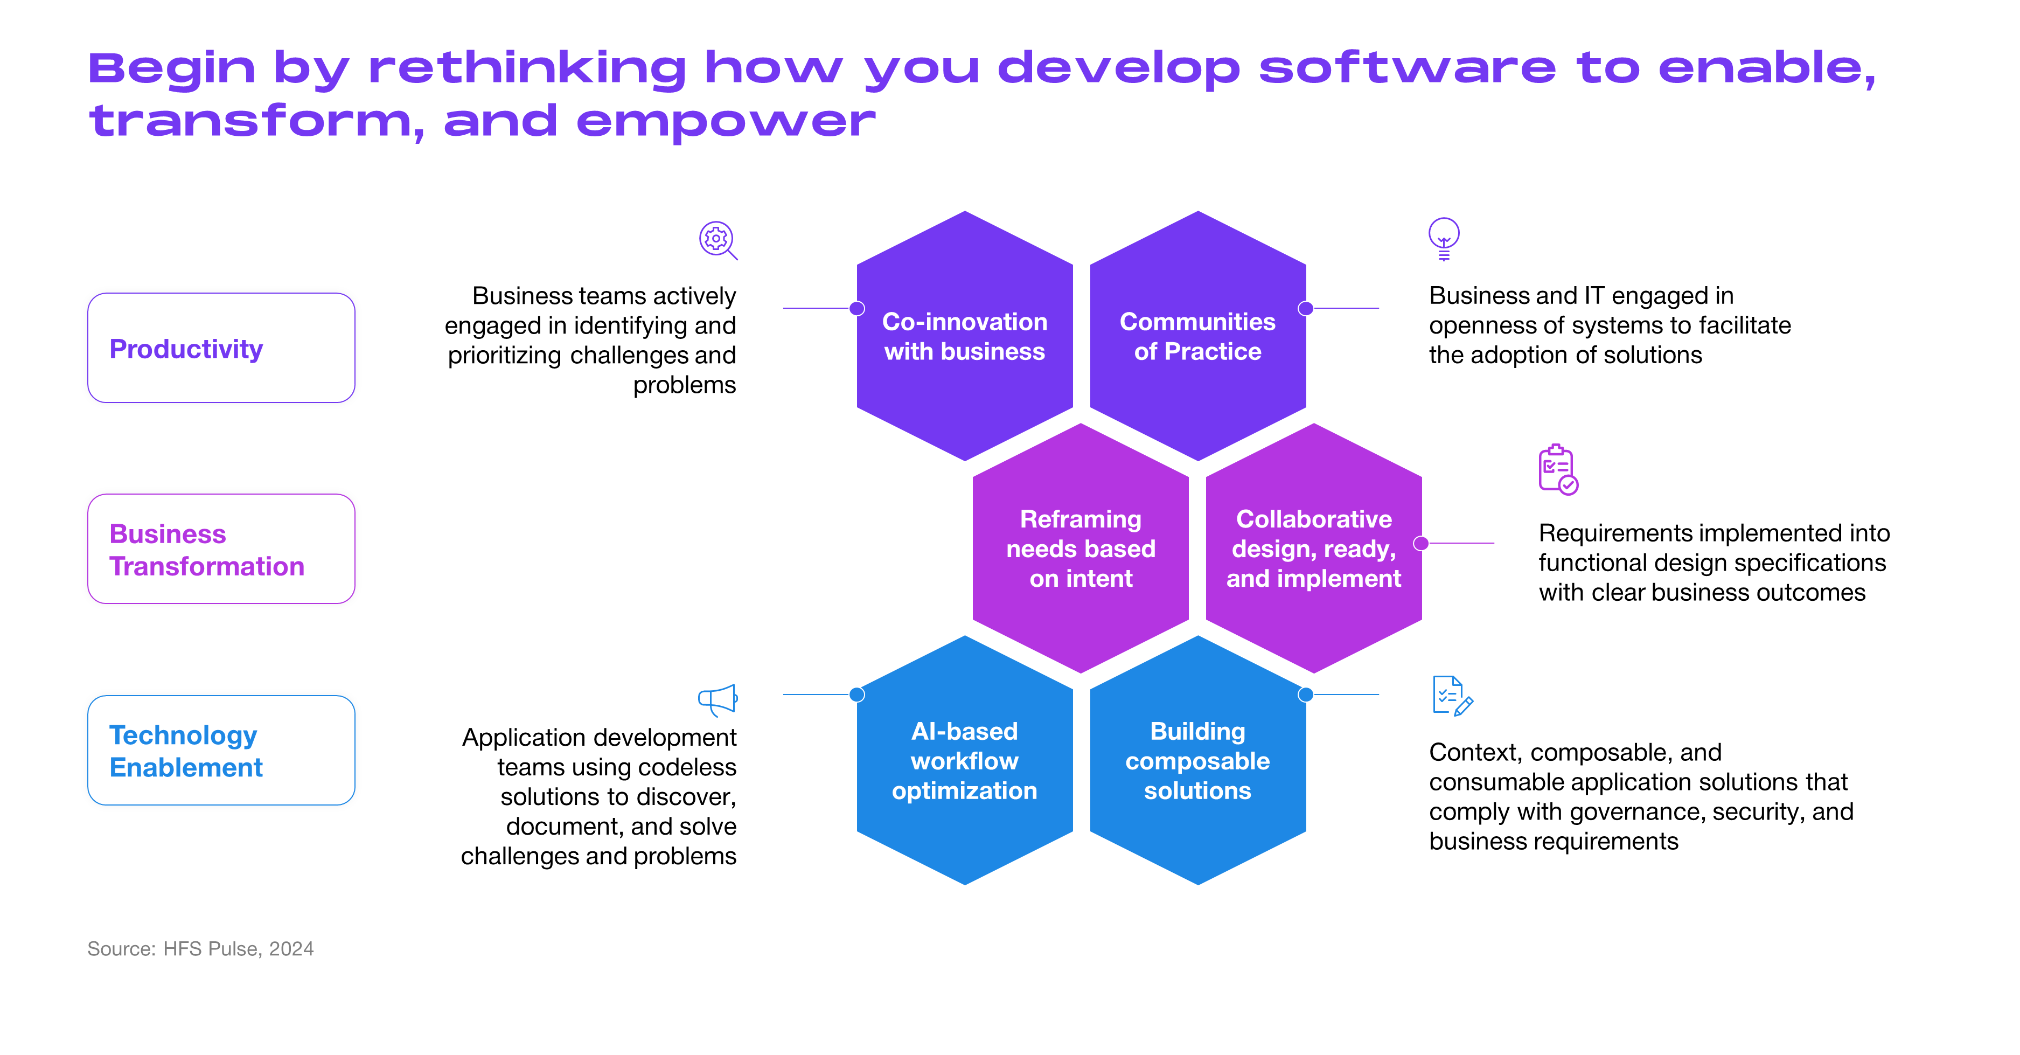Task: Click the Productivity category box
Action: [221, 348]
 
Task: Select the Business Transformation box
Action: [221, 549]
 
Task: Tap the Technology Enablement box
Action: [221, 750]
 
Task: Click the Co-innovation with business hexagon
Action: [965, 336]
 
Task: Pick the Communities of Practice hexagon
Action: [1197, 336]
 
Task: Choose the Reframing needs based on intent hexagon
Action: [1081, 549]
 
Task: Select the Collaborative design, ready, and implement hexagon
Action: [1313, 549]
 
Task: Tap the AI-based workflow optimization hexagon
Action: [965, 760]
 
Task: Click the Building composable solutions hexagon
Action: [1197, 760]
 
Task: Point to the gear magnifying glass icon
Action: [718, 240]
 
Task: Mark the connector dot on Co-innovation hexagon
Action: [857, 308]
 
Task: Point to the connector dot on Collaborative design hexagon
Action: [1421, 543]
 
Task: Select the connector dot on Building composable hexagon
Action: [1306, 694]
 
